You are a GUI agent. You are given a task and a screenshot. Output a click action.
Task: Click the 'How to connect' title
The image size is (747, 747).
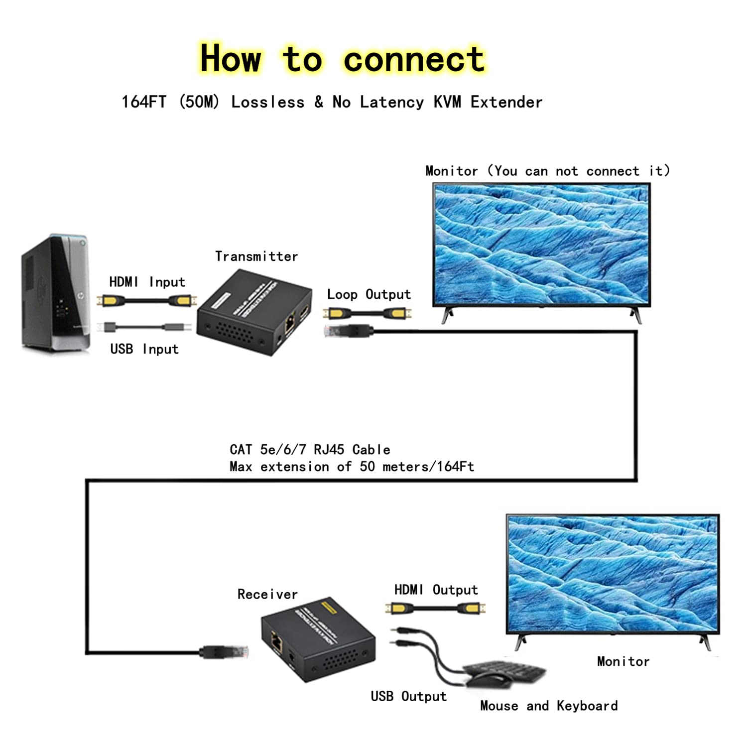click(x=342, y=59)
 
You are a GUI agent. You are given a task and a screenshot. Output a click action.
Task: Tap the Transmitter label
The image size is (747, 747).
click(x=256, y=256)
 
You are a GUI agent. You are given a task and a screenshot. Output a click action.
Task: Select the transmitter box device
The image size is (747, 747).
click(x=254, y=313)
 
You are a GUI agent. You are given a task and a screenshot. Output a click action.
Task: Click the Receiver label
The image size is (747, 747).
click(x=267, y=594)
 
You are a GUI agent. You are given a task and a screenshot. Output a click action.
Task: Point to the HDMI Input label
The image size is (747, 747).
click(x=147, y=282)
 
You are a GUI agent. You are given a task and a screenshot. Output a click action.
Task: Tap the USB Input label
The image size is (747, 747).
click(x=144, y=349)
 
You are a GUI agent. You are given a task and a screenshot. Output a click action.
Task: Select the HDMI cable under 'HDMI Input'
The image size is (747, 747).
click(x=147, y=301)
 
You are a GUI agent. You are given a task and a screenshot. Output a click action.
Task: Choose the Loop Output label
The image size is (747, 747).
click(x=369, y=294)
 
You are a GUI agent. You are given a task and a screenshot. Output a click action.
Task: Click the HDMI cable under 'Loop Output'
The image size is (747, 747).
click(x=368, y=313)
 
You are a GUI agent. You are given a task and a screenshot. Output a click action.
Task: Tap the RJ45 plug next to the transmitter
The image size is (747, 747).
click(x=349, y=330)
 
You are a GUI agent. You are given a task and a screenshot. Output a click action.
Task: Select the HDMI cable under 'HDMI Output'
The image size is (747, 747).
click(x=435, y=608)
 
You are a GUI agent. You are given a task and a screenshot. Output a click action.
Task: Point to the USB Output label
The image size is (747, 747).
click(x=408, y=696)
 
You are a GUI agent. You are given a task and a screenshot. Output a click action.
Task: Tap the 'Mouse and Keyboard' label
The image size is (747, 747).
click(x=549, y=706)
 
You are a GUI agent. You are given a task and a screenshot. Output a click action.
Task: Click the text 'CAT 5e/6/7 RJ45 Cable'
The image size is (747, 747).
click(x=310, y=450)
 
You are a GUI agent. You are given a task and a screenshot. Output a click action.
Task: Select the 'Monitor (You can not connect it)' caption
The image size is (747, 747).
click(x=547, y=171)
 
